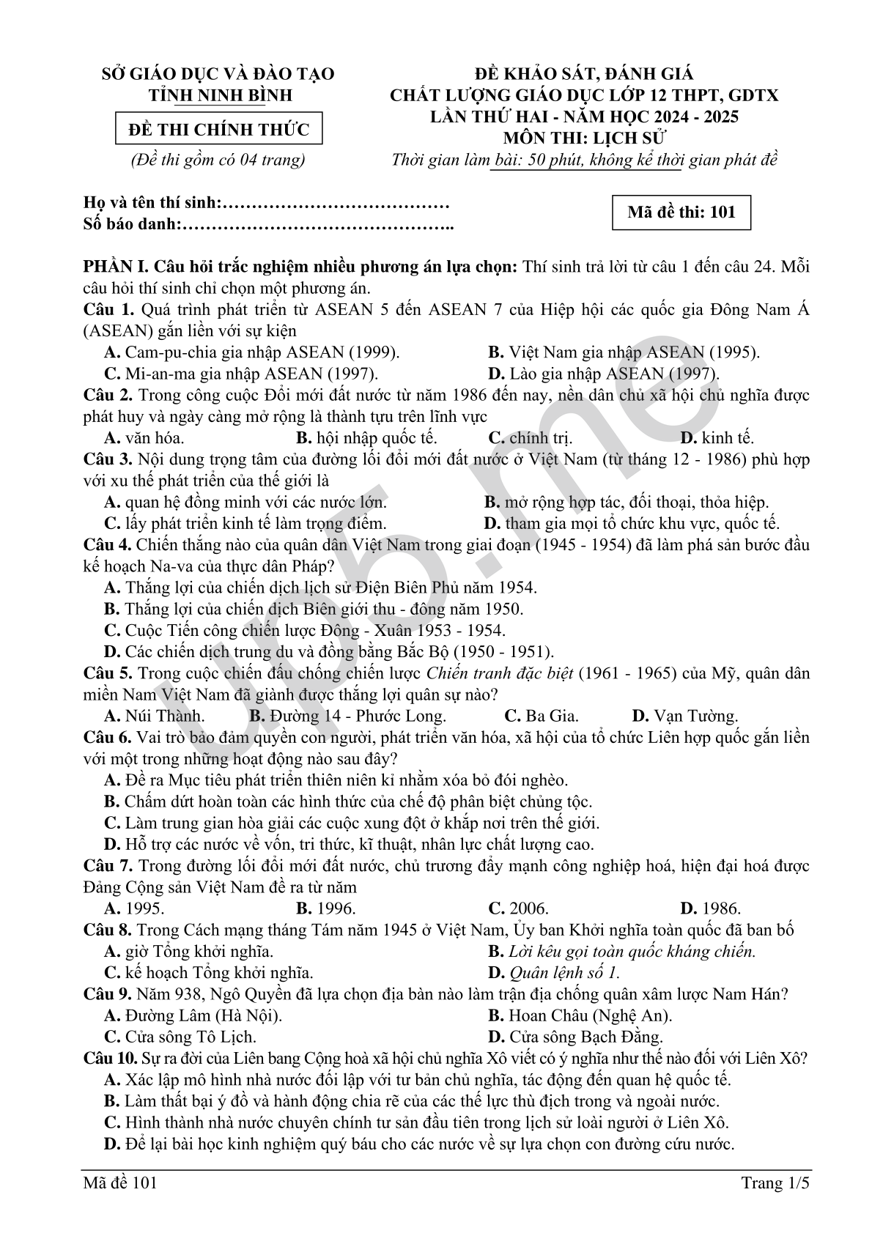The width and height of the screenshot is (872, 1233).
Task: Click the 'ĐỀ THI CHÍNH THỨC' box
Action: coord(218,130)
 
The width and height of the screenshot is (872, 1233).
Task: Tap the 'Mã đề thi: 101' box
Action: coord(681,212)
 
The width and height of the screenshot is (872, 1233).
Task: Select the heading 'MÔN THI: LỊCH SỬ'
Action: coord(584,138)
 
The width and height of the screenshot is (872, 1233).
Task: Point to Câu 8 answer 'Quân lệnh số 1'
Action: coord(564,974)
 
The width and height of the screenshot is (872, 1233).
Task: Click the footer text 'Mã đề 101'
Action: coord(120,1183)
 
